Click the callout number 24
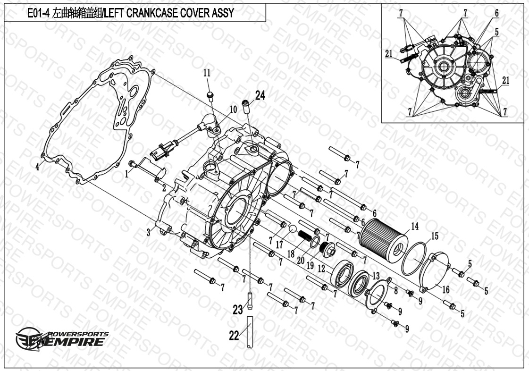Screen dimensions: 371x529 click(260, 96)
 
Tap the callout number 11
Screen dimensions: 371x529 click(207, 73)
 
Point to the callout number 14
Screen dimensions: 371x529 click(414, 227)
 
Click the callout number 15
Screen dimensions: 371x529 click(435, 236)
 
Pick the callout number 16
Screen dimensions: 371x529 click(445, 290)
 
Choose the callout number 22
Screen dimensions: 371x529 click(234, 336)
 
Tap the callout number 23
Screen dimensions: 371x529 click(237, 310)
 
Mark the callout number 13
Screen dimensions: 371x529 click(376, 275)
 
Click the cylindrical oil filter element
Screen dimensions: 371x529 click(383, 236)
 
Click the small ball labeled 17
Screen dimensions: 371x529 click(293, 229)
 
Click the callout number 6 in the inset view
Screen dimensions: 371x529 click(496, 14)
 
